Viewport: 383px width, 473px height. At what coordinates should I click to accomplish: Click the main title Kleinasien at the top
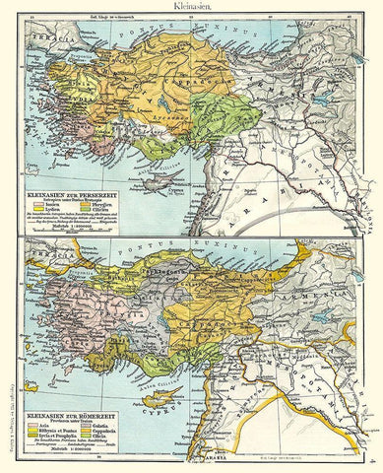coord(191,6)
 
